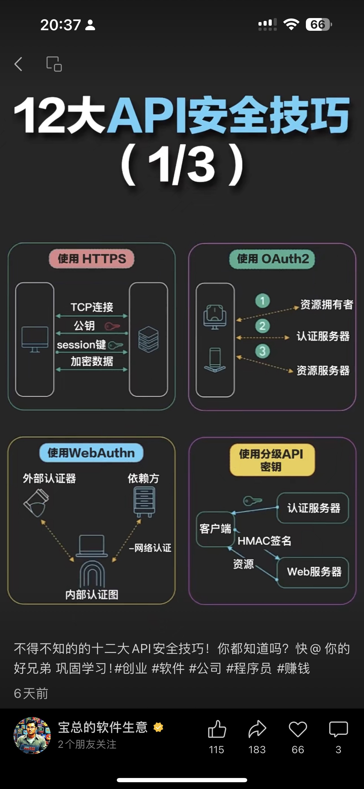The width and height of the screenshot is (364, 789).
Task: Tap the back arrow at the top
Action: (18, 64)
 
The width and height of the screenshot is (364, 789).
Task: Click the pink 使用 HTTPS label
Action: (92, 259)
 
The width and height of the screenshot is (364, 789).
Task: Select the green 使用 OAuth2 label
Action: (272, 259)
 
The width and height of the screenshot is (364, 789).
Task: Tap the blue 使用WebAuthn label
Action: (91, 453)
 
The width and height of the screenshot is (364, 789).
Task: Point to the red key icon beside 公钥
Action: (112, 326)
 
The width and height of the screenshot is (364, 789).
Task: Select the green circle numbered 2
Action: (262, 326)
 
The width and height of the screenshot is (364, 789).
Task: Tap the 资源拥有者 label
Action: (326, 304)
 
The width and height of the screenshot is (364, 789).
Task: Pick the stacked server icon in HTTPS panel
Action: (148, 339)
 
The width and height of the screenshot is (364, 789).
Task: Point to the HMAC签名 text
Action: (264, 541)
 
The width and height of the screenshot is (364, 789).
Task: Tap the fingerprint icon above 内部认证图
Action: (92, 574)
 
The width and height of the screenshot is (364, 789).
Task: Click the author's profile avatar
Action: (32, 735)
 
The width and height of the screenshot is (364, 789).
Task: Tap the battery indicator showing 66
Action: (318, 25)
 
